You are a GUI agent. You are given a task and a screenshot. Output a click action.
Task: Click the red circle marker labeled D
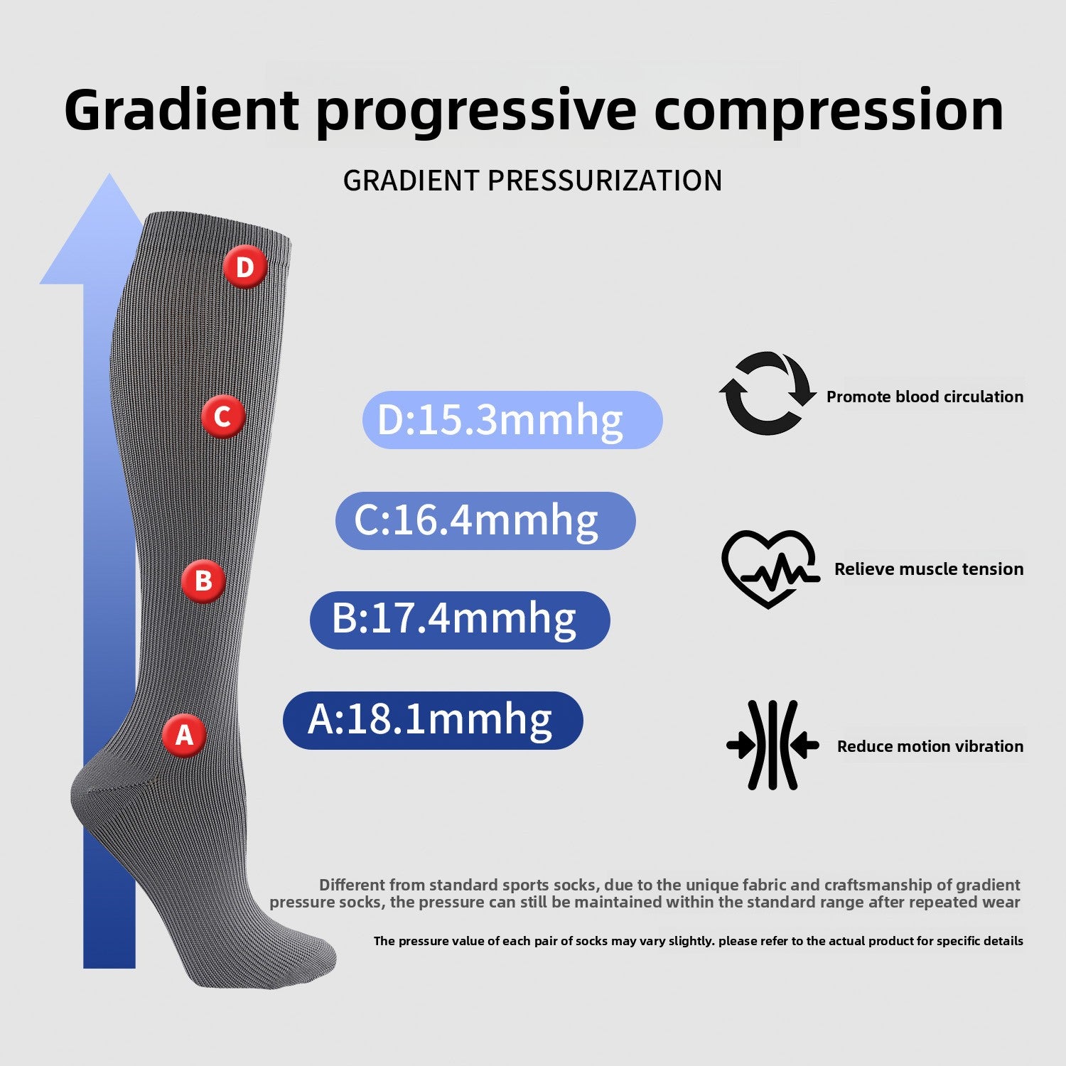click(245, 268)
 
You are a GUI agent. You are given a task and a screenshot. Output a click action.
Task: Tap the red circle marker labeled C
click(222, 416)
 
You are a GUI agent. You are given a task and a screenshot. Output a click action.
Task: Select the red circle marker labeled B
click(203, 581)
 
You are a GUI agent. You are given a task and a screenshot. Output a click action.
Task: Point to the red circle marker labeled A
click(185, 735)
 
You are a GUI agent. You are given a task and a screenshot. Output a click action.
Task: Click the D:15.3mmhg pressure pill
click(512, 420)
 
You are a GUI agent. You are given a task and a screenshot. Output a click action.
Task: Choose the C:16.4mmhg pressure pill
click(485, 520)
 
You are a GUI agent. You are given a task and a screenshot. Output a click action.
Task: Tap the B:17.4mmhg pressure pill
click(460, 620)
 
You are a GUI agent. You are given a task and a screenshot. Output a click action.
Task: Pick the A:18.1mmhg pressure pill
click(433, 720)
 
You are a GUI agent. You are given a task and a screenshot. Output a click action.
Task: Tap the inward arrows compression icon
click(772, 745)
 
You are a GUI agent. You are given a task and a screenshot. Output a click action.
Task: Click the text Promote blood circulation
click(925, 397)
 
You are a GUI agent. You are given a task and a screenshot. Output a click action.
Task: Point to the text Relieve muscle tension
click(929, 569)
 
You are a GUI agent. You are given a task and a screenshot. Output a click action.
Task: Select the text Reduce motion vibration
click(930, 746)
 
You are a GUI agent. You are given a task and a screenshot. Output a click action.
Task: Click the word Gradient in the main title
click(182, 109)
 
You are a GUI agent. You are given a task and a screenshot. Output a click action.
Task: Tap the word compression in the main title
click(829, 111)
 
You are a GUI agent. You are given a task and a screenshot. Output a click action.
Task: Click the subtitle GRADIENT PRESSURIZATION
click(532, 181)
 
